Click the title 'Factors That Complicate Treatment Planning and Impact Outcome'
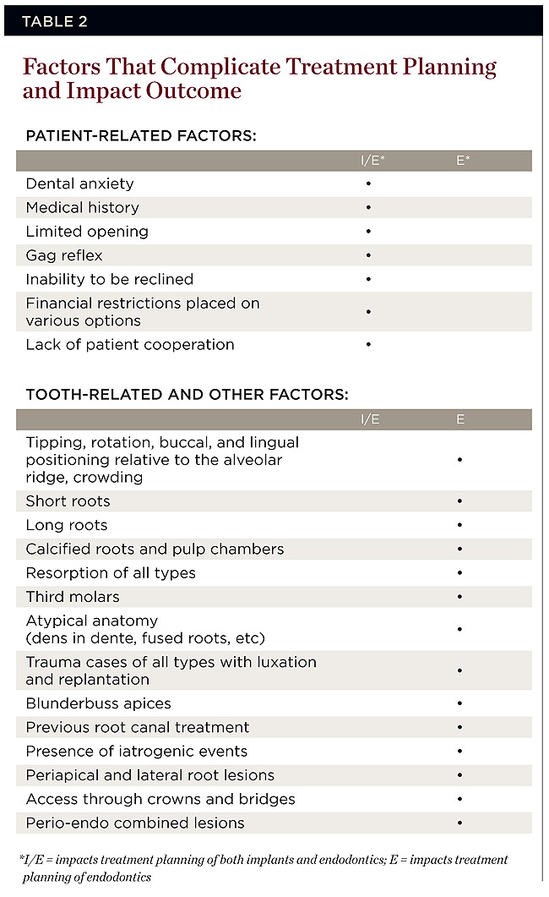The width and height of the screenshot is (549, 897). [x=259, y=79]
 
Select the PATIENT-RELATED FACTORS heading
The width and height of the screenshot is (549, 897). [x=141, y=135]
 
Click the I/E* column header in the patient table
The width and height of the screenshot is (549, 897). [x=372, y=160]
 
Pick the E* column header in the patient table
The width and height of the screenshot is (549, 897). [x=463, y=160]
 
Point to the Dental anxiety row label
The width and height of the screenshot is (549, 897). [x=79, y=183]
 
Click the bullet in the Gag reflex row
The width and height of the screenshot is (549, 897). [x=369, y=255]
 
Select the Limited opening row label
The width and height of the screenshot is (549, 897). [x=87, y=231]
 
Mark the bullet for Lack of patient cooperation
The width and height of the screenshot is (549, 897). [x=369, y=345]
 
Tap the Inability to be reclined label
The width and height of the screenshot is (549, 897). [x=110, y=279]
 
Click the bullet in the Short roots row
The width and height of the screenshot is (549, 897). [x=459, y=501]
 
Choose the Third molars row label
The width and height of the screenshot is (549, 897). [x=73, y=597]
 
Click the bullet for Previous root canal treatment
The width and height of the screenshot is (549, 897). [x=459, y=727]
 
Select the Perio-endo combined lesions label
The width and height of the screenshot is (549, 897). [x=135, y=823]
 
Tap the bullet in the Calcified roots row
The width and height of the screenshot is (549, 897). [x=459, y=550]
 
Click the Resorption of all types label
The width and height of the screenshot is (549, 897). [x=111, y=573]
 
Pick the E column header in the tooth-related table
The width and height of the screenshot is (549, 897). [x=460, y=419]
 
